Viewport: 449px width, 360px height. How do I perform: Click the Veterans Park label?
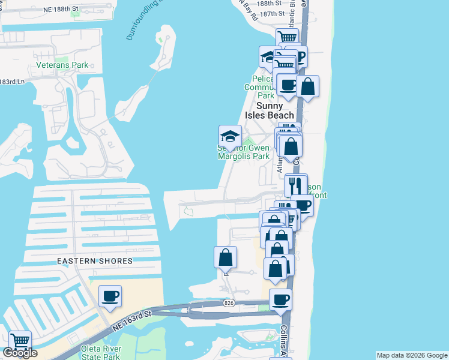coord(62,65)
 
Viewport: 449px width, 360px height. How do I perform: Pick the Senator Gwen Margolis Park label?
coord(243,152)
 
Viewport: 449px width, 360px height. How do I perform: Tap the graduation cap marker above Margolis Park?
coord(230,137)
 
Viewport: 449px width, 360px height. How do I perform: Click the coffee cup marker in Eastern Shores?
coord(110,296)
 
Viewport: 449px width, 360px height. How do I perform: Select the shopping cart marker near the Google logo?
coord(20,341)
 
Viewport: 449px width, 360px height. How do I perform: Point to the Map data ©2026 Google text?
coord(411,355)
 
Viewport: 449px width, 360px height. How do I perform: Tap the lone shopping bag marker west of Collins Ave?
coord(226,257)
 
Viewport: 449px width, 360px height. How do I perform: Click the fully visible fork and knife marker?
coord(295,185)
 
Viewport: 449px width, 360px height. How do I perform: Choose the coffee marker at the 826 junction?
coord(280,299)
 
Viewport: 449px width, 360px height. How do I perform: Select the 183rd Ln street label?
coord(13,82)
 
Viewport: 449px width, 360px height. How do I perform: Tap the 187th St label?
coord(275,13)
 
